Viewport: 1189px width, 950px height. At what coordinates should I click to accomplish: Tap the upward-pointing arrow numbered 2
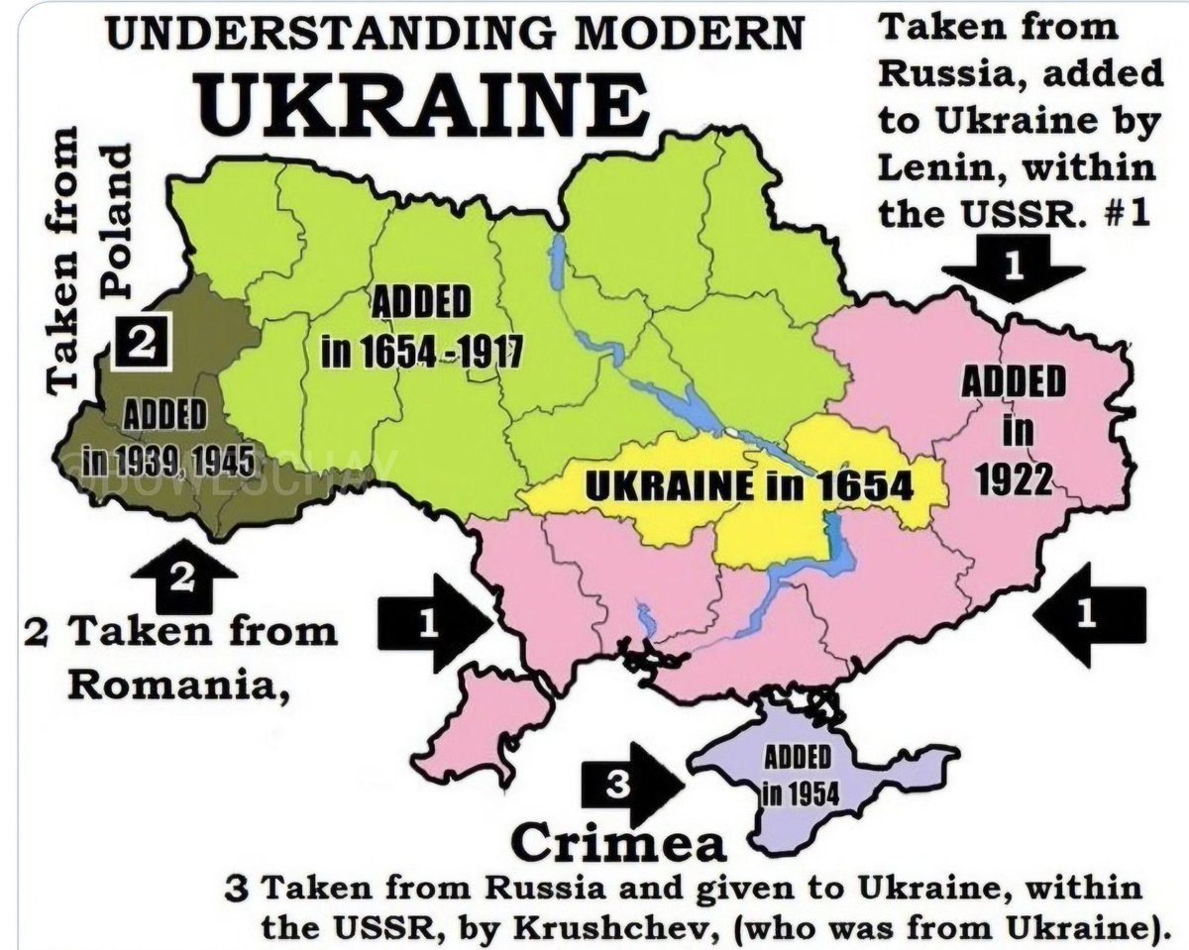coord(182,577)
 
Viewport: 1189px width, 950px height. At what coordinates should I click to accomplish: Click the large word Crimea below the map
coord(618,844)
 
